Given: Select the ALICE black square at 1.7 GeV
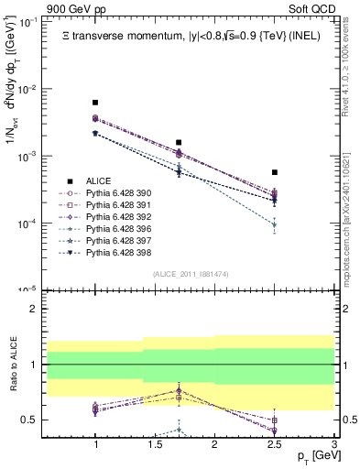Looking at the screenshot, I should pyautogui.click(x=179, y=143).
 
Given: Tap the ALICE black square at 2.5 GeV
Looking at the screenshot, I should pyautogui.click(x=274, y=172).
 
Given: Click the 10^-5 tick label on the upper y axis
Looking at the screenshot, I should pyautogui.click(x=27, y=290).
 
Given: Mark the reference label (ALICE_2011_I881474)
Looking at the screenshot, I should pyautogui.click(x=166, y=274).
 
